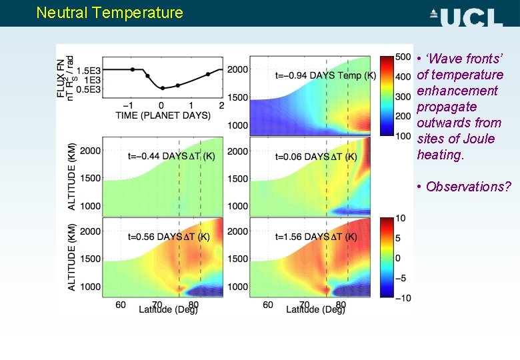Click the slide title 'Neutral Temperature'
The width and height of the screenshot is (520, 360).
pos(109,13)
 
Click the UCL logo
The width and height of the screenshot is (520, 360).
pos(466,15)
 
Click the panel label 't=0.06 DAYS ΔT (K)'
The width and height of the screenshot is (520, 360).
pos(316,157)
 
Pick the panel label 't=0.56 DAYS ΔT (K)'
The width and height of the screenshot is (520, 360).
pos(169,237)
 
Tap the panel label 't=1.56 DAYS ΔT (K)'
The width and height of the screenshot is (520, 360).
pos(316,237)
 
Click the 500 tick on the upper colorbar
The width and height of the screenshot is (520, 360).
pos(403,56)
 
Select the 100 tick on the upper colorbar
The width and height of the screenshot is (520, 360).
pos(403,136)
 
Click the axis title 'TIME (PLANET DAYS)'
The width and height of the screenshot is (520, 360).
pos(163,115)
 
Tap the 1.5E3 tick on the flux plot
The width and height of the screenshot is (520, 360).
pos(89,70)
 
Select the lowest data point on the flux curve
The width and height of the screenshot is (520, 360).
pos(162,88)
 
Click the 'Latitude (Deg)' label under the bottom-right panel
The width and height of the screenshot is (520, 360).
pos(316,309)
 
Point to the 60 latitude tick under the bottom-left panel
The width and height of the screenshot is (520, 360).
pos(121,304)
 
